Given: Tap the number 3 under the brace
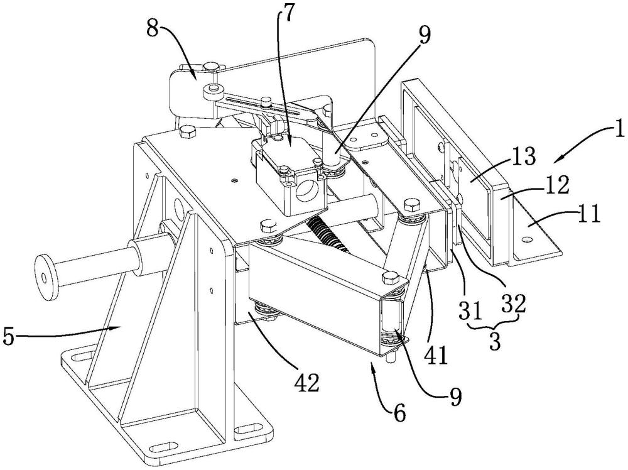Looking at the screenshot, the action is tap(495, 342).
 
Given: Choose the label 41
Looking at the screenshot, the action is tap(436, 355).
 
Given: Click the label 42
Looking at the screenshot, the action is tap(307, 383).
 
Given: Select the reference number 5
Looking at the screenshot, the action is tap(9, 337).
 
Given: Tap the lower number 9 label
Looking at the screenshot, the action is tap(455, 396).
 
